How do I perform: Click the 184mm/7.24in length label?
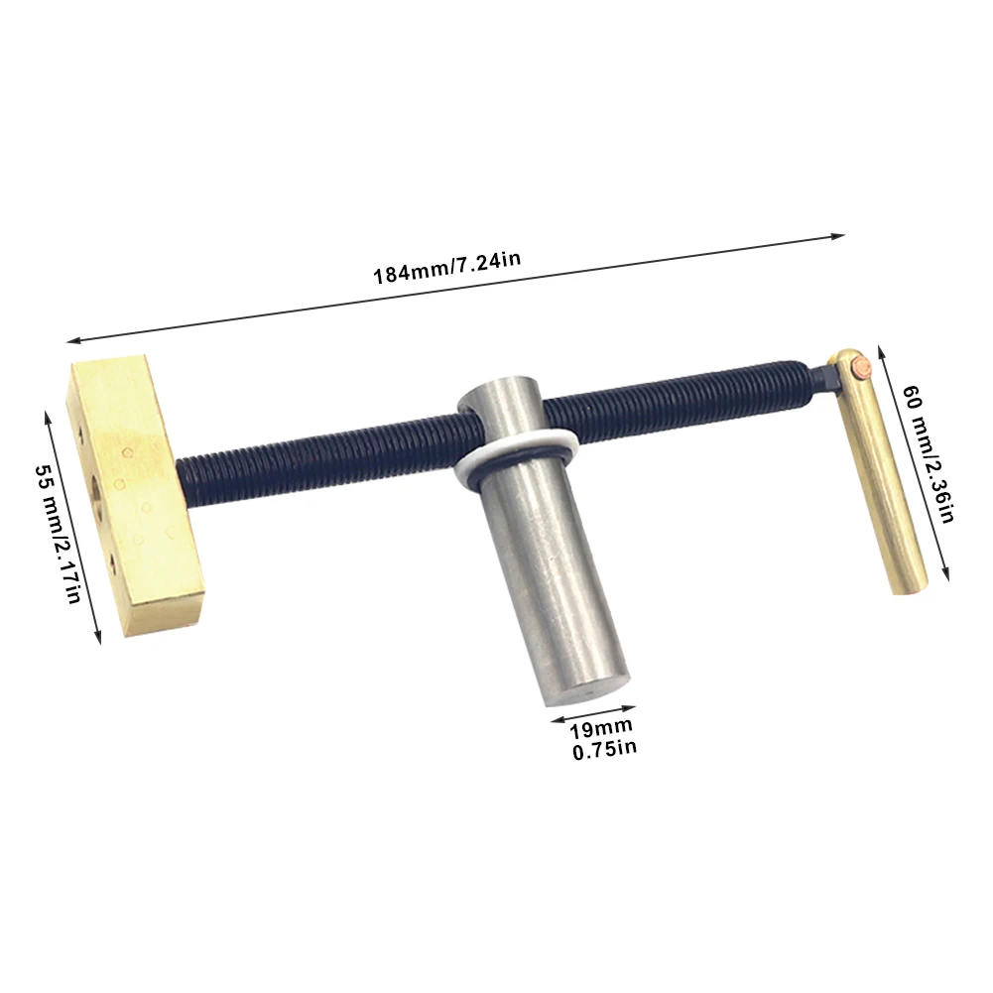(446, 268)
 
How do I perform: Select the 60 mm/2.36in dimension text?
(928, 454)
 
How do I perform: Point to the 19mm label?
(600, 729)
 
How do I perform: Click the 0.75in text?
(604, 750)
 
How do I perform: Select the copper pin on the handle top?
(862, 367)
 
